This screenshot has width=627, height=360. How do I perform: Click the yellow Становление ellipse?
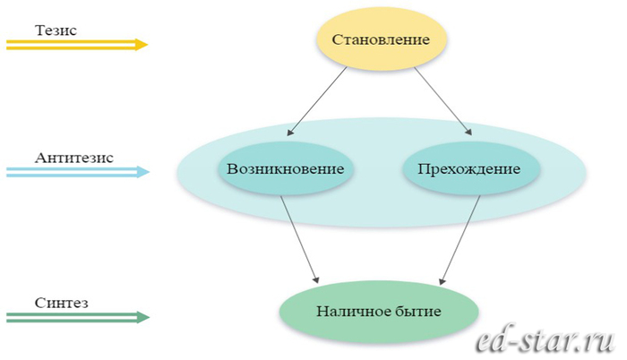click(381, 40)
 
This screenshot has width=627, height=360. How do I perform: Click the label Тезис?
click(56, 30)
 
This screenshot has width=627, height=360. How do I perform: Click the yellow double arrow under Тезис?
click(76, 44)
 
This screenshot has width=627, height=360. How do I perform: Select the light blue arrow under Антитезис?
click(76, 171)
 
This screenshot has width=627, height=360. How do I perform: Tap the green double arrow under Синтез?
click(76, 317)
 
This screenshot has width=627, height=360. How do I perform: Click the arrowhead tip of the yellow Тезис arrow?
click(145, 44)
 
